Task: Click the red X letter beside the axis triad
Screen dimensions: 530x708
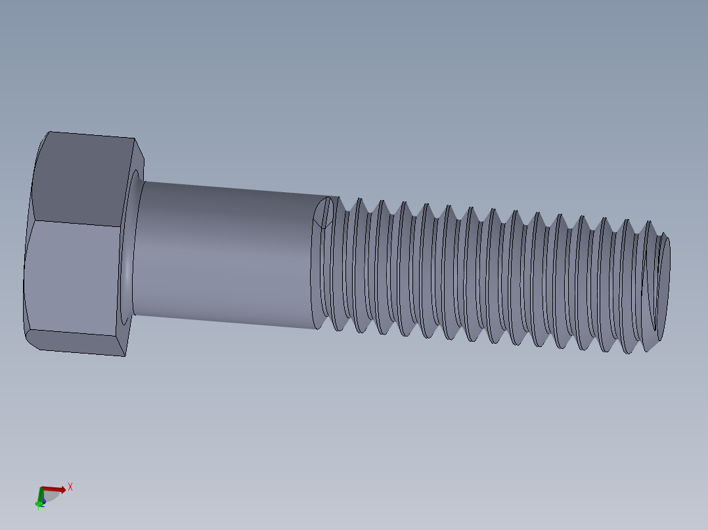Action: click(x=70, y=487)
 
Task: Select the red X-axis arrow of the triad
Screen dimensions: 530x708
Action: click(x=55, y=489)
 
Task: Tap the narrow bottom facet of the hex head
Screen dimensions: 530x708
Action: click(x=76, y=342)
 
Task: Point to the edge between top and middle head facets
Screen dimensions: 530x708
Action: click(x=76, y=224)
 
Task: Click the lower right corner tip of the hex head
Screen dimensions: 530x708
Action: click(x=125, y=356)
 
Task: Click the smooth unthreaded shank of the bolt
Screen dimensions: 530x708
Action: click(x=223, y=256)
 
